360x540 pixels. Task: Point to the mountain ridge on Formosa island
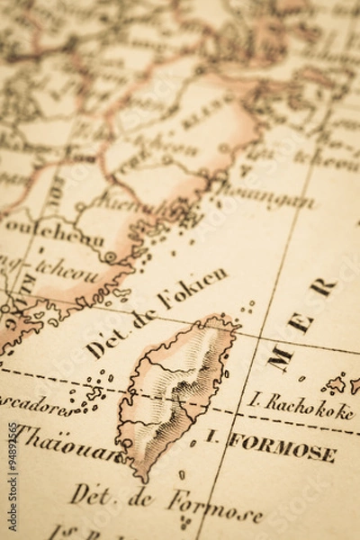(x=184, y=378)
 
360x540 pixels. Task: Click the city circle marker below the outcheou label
(x=111, y=256)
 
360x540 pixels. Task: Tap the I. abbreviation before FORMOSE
(x=212, y=437)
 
